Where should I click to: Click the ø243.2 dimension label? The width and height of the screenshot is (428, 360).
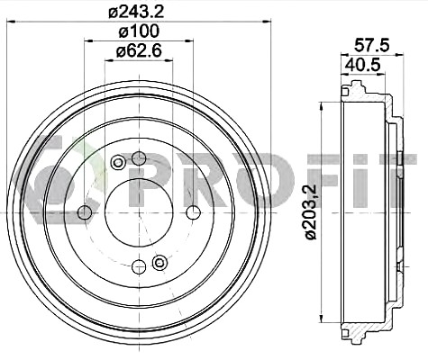pos(136,12)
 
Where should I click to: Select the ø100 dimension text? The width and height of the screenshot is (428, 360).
pos(139,31)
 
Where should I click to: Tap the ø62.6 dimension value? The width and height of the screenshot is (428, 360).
pos(139,51)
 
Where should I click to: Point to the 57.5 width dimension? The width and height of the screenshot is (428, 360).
pos(371,46)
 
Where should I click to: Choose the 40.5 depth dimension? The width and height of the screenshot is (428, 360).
pos(362,65)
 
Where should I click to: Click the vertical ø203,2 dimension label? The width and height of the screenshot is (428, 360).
pos(311,212)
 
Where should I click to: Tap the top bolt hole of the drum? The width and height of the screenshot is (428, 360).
pos(139,158)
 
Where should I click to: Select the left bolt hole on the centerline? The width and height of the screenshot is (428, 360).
pos(85,212)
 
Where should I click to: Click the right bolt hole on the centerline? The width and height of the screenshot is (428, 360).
pos(193,212)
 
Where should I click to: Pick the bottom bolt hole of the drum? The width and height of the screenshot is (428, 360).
pos(139,266)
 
